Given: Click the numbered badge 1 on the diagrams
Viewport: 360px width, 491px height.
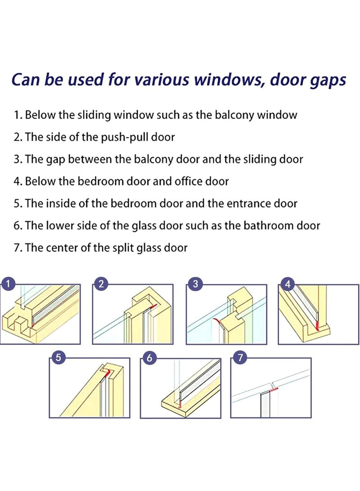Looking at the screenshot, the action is coord(8,284).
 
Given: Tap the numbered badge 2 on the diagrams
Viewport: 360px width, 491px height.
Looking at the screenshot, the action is coord(101,284).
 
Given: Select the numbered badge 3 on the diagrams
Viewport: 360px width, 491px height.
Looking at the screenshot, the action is coord(196,284).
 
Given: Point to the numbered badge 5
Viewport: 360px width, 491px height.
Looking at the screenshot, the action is coord(58,357).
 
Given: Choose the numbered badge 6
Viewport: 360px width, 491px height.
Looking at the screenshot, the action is coord(149,357).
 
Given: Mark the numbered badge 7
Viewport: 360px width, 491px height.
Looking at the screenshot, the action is coord(240,357).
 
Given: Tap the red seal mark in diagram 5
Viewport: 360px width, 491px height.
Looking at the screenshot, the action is coord(108,373).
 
